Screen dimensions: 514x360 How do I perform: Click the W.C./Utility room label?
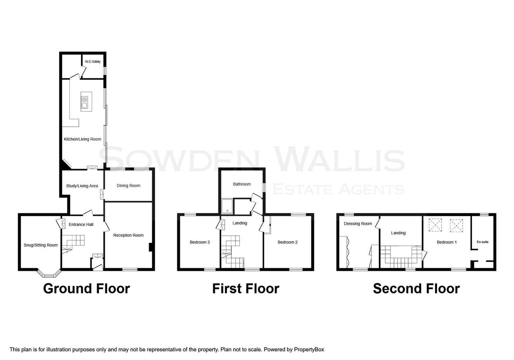coord(93,62)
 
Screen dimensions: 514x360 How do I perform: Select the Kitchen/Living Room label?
coord(82,139)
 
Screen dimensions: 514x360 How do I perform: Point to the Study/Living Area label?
coord(82,186)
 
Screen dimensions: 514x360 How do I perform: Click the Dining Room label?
coord(128,186)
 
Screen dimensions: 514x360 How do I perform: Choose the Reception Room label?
coord(128,235)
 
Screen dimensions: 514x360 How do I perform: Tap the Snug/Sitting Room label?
coord(41,245)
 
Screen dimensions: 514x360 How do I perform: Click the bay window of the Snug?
coord(48,273)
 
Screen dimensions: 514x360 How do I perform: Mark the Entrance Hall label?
coord(81,225)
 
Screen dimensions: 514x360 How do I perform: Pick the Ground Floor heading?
coord(87,288)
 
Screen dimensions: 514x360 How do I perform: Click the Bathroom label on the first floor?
coord(242,184)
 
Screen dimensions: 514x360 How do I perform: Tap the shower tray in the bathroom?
coord(227,206)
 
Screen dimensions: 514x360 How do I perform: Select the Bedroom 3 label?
coord(200,242)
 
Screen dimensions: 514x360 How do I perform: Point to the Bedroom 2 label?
coord(287,242)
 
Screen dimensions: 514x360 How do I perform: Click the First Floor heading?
coord(246,288)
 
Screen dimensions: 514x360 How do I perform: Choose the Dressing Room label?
coord(358,224)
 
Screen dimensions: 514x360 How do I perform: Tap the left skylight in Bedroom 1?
coord(435,225)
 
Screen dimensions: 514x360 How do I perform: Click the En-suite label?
coord(483,242)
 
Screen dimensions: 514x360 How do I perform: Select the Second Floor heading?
coord(416,288)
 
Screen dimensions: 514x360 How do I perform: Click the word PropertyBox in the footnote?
coord(309,350)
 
